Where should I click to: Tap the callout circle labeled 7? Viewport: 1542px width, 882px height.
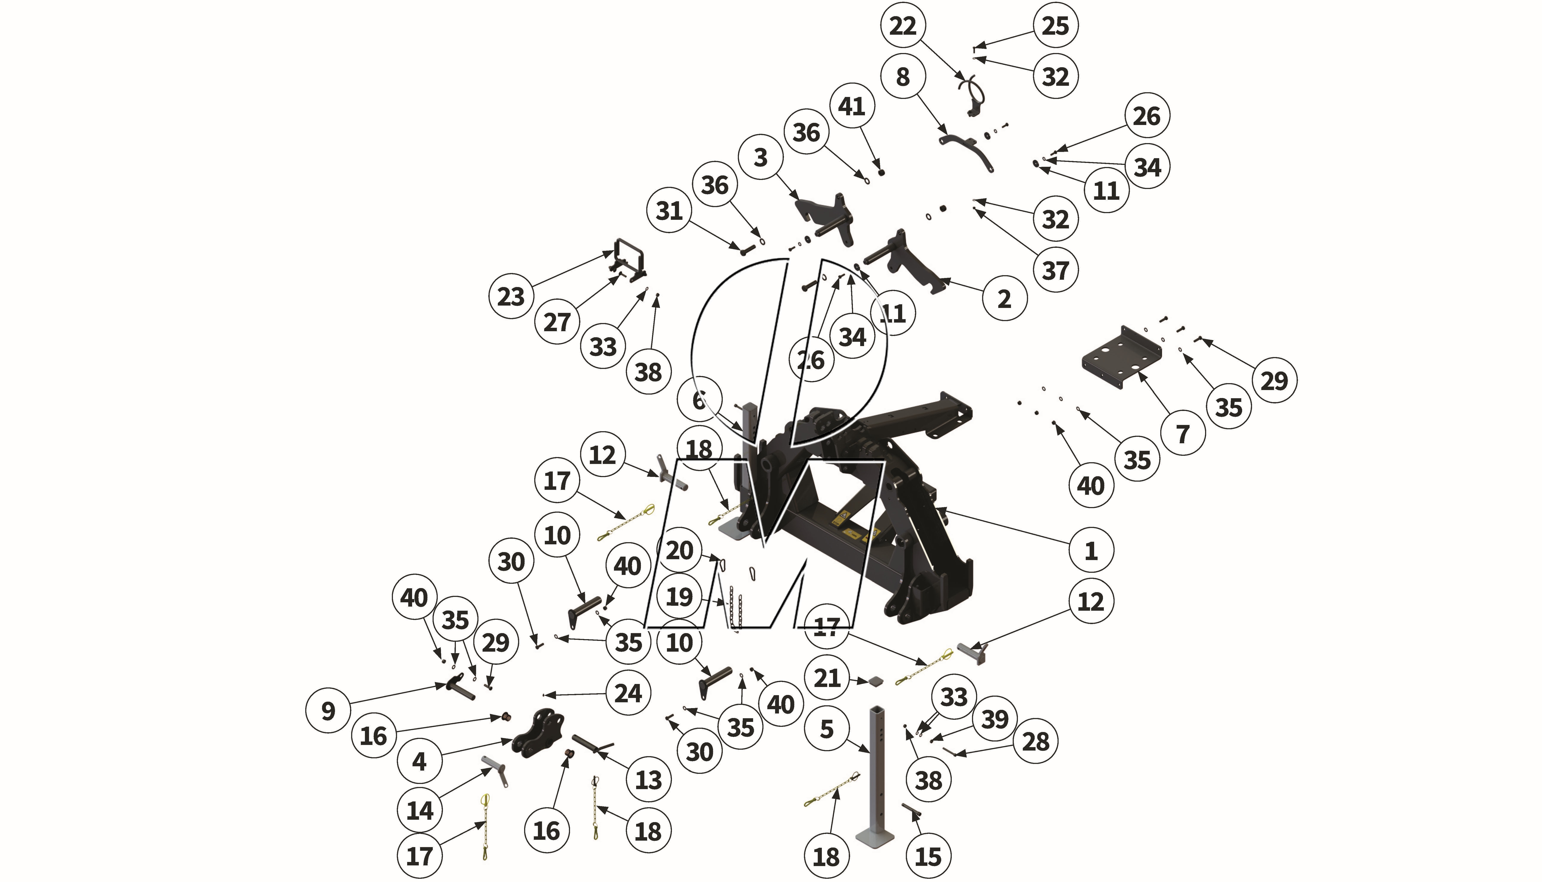1182,434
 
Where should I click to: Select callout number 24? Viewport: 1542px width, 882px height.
628,693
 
